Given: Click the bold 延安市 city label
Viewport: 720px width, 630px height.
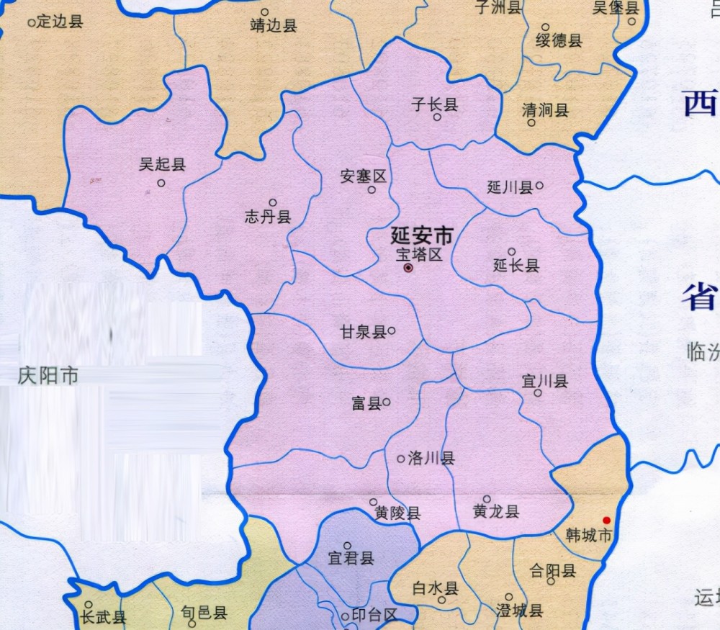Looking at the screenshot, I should tap(423, 235).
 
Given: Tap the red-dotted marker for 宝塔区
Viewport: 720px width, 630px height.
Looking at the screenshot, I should tap(408, 268).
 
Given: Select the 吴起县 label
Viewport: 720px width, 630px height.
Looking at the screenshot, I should tap(162, 165).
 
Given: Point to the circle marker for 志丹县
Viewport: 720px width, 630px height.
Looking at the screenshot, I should tap(273, 203).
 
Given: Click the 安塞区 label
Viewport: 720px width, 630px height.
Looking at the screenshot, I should tap(364, 176).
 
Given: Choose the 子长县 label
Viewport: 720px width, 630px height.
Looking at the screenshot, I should tap(434, 104).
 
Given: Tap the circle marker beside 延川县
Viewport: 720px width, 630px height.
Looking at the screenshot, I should tap(539, 185).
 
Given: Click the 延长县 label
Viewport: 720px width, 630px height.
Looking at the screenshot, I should tap(516, 266).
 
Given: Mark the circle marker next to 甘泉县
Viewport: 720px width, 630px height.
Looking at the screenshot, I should tap(392, 331).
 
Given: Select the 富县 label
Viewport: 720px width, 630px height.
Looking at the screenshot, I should tap(366, 404).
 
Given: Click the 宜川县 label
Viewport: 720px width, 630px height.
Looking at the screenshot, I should tap(545, 380).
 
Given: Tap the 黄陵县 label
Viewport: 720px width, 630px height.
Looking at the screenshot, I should tap(397, 513).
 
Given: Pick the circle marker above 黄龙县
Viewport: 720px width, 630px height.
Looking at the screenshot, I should tap(487, 499).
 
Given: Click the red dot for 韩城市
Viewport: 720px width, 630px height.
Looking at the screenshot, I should tap(606, 520).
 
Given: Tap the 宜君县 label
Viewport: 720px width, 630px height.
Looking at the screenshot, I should tap(351, 559).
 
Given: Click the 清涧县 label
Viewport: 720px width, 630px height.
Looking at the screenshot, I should tap(545, 110).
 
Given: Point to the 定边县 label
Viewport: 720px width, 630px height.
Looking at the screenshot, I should tap(59, 22).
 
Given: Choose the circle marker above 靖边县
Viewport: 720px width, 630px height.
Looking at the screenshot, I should tap(264, 12).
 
